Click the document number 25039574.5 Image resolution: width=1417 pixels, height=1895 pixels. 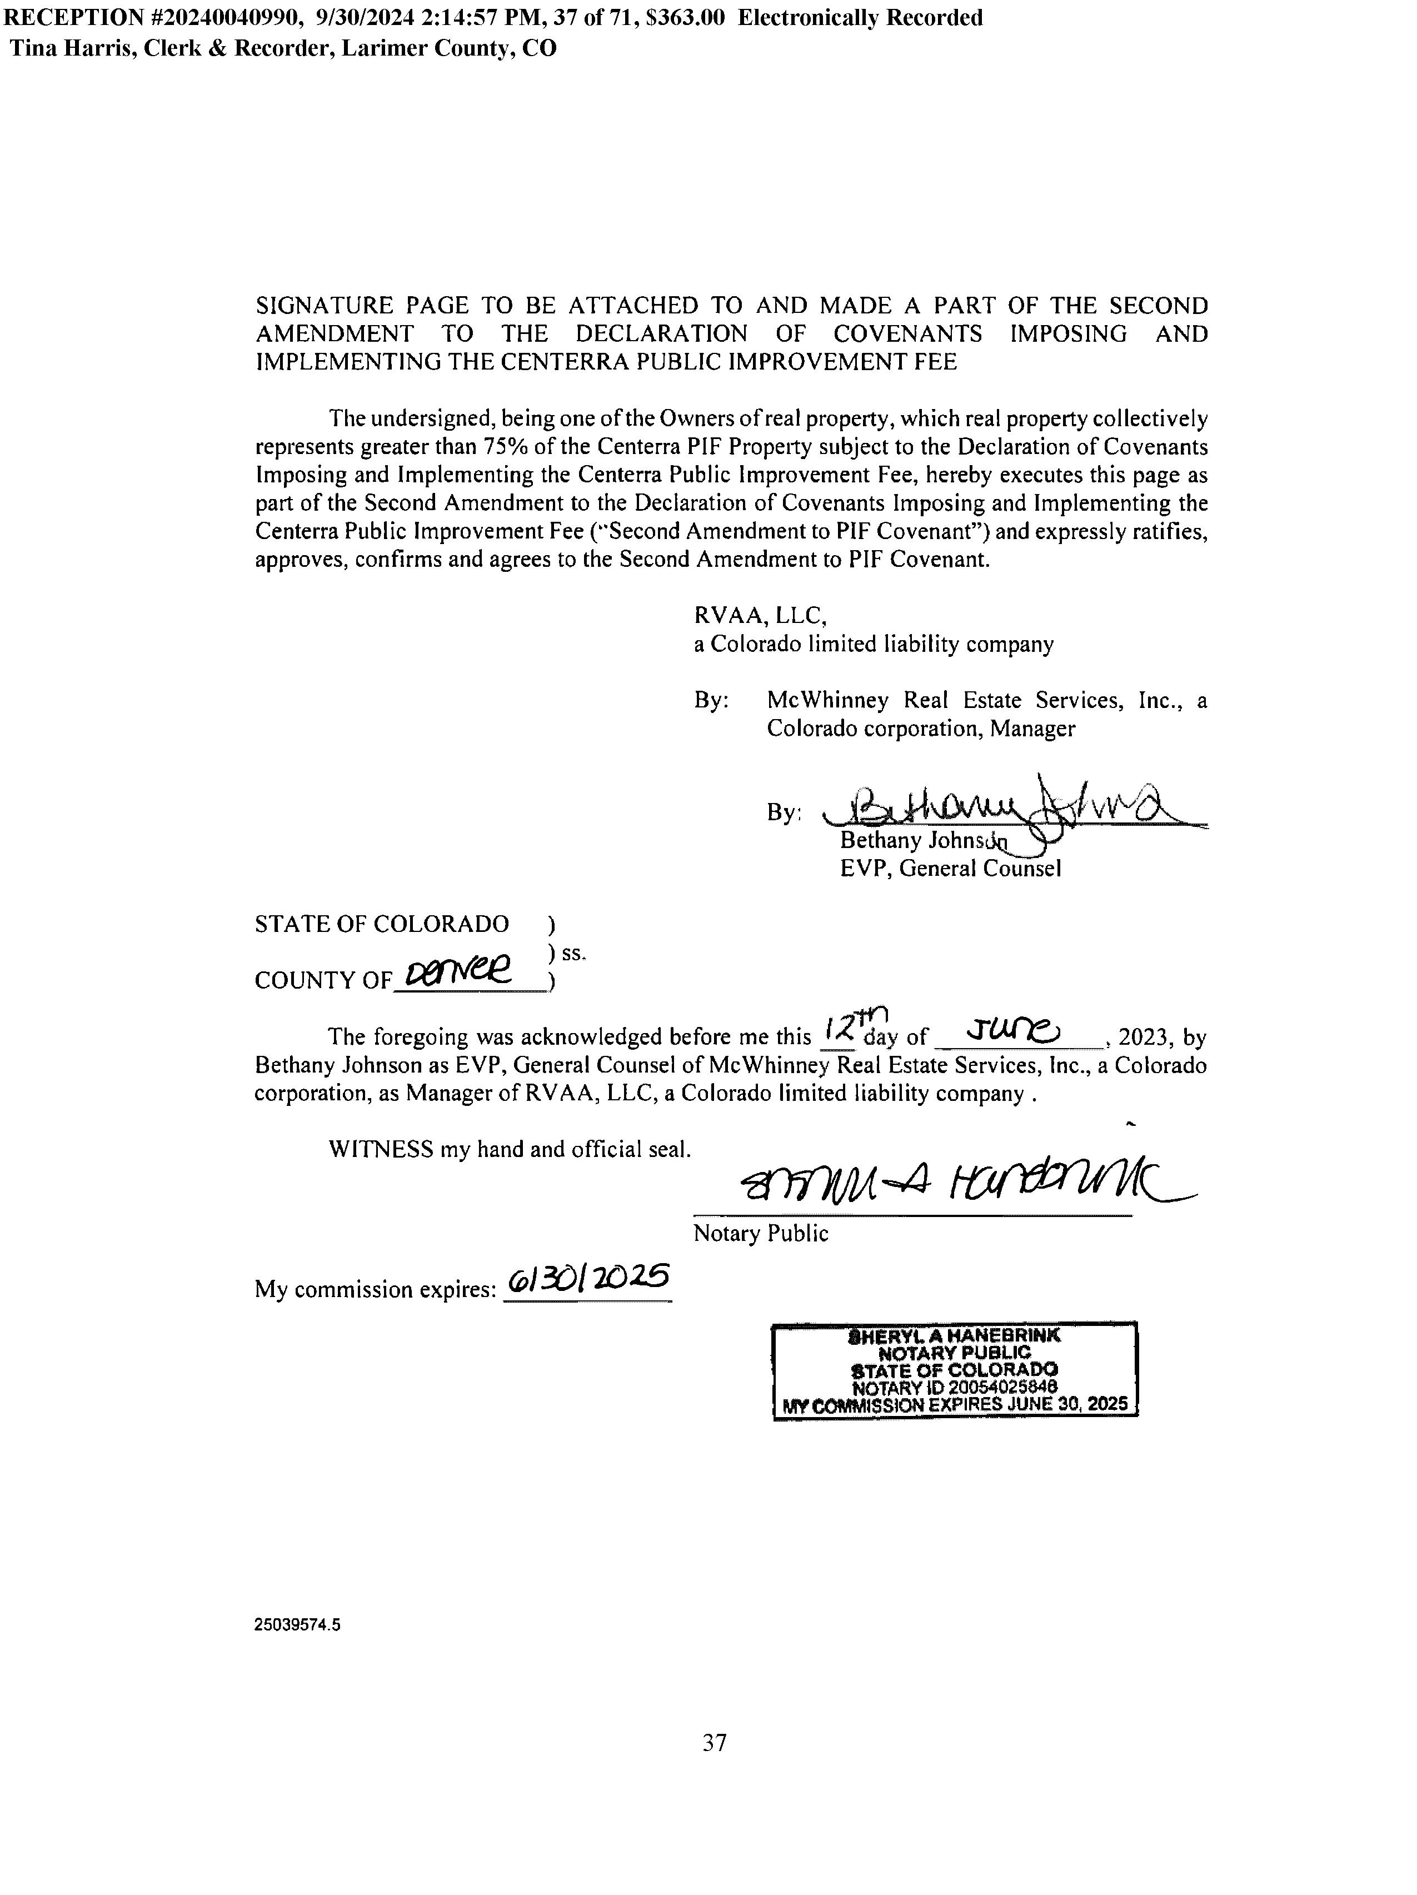296,1625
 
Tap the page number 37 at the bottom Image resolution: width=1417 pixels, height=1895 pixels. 715,1743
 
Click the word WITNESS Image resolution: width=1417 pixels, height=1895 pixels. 381,1150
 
